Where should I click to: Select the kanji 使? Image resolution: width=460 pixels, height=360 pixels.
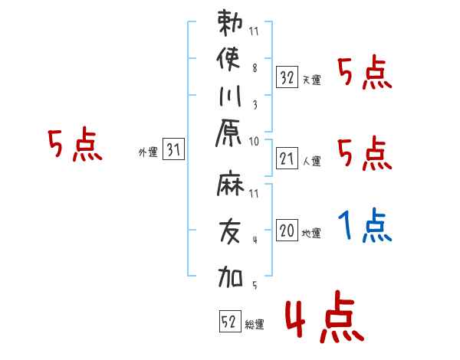pyautogui.click(x=228, y=60)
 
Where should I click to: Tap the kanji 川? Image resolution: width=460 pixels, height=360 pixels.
pyautogui.click(x=230, y=97)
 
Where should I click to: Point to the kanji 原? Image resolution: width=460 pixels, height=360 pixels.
pyautogui.click(x=228, y=133)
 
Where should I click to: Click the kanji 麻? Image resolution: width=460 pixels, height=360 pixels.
pyautogui.click(x=230, y=182)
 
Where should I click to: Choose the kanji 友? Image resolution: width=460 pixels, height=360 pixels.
pyautogui.click(x=230, y=232)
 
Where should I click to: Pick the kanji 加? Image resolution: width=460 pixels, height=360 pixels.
pyautogui.click(x=230, y=277)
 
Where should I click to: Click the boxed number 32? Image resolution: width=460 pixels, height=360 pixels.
pyautogui.click(x=287, y=77)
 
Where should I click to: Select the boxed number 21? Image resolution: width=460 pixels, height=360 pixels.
pyautogui.click(x=287, y=159)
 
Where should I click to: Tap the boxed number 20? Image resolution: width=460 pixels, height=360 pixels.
pyautogui.click(x=287, y=230)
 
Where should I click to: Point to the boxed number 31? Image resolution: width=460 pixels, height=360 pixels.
pyautogui.click(x=173, y=149)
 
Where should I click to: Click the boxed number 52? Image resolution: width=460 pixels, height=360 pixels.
pyautogui.click(x=230, y=321)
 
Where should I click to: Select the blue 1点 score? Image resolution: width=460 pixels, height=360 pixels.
pyautogui.click(x=365, y=225)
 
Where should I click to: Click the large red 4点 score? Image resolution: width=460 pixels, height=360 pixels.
pyautogui.click(x=325, y=316)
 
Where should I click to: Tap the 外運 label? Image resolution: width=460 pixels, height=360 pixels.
pyautogui.click(x=148, y=152)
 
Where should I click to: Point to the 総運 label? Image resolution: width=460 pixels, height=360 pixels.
pyautogui.click(x=255, y=325)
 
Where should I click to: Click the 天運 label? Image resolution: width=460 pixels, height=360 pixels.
pyautogui.click(x=311, y=80)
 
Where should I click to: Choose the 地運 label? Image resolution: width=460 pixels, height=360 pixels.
pyautogui.click(x=311, y=234)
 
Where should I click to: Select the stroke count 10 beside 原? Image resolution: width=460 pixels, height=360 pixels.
pyautogui.click(x=254, y=142)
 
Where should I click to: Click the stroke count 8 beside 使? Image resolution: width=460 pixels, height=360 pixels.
pyautogui.click(x=255, y=68)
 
